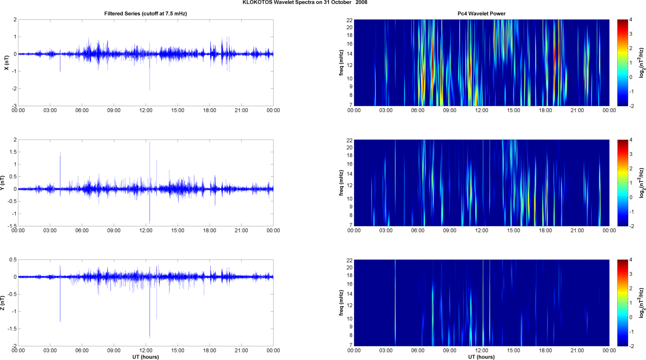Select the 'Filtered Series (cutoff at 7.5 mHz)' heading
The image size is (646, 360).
pos(146,14)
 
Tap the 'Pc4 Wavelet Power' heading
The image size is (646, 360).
pos(481,14)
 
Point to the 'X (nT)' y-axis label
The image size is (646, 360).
pos(6,63)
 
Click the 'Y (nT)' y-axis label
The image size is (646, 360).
pos(3,183)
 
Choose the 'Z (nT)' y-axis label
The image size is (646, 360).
pos(3,303)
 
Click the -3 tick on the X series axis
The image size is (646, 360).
pos(14,106)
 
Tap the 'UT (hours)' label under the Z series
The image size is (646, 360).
pos(146,357)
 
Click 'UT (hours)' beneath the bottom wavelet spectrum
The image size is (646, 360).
pos(481,357)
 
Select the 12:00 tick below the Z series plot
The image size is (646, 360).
pos(146,350)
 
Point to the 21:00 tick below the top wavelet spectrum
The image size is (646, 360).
pos(577,110)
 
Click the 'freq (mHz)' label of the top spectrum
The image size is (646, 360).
pos(341,63)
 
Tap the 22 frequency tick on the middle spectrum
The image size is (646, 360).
pos(350,140)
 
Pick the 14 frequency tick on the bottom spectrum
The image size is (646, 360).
pos(350,294)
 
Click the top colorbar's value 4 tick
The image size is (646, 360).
pos(631,20)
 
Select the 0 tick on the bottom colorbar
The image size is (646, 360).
pos(631,317)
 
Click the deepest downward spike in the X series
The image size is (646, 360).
pos(149,89)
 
